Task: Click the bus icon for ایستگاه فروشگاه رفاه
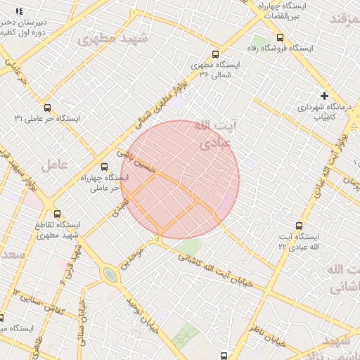point(281,37)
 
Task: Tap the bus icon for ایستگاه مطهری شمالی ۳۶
point(215,53)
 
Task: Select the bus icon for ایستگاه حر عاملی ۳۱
point(47,108)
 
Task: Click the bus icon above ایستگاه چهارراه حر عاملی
point(105,167)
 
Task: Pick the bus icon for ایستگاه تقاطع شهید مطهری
point(57,214)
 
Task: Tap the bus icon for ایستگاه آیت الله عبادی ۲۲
point(300,226)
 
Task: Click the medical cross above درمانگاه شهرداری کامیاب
point(324,95)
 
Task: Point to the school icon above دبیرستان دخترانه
point(19,11)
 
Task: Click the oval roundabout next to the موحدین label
point(109,274)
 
